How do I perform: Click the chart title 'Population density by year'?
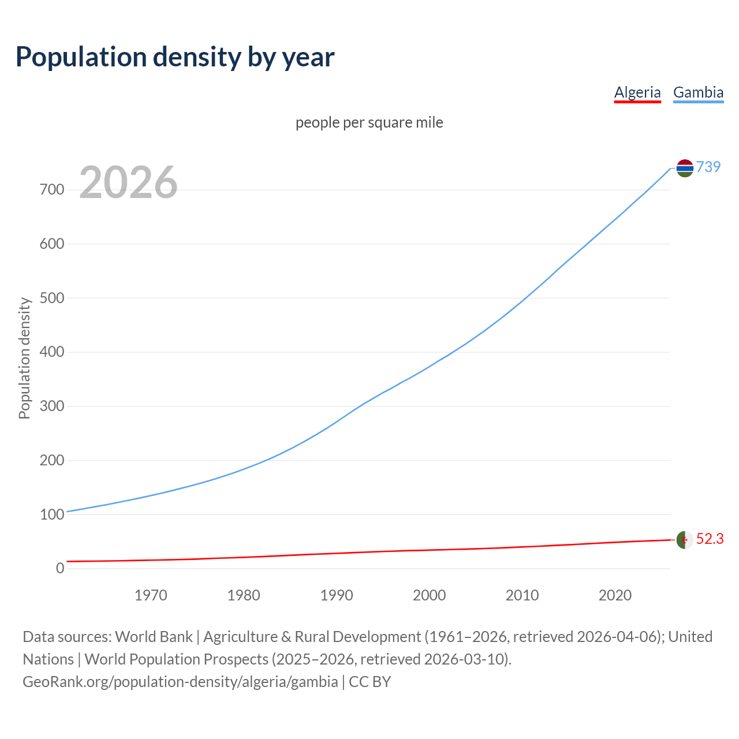pyautogui.click(x=175, y=57)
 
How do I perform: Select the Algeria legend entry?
pyautogui.click(x=637, y=92)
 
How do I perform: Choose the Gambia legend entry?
pyautogui.click(x=698, y=92)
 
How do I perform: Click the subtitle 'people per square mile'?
pyautogui.click(x=369, y=122)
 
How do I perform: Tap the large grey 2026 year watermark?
pyautogui.click(x=128, y=182)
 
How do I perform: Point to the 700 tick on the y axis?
pyautogui.click(x=52, y=189)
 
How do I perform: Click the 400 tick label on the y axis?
pyautogui.click(x=52, y=352)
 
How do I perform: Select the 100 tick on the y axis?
pyautogui.click(x=52, y=514)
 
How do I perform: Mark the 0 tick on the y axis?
pyautogui.click(x=60, y=568)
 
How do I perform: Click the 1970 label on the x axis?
pyautogui.click(x=151, y=595)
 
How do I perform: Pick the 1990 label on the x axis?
pyautogui.click(x=337, y=595)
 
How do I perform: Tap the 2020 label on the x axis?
pyautogui.click(x=615, y=595)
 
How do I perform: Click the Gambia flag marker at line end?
pyautogui.click(x=685, y=168)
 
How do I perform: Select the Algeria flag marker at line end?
pyautogui.click(x=685, y=540)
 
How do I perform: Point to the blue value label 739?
pyautogui.click(x=708, y=167)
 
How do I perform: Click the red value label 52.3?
pyautogui.click(x=710, y=539)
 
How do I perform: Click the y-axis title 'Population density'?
pyautogui.click(x=24, y=358)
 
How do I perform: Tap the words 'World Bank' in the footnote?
pyautogui.click(x=154, y=637)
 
